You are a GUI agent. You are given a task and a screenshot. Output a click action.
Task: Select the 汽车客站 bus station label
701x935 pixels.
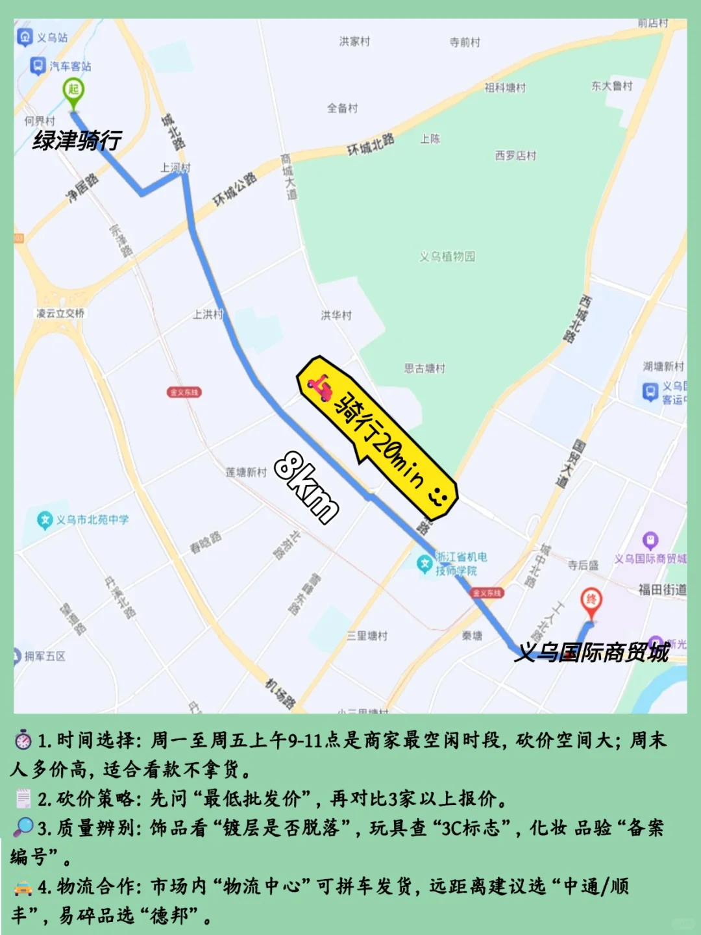click(x=62, y=66)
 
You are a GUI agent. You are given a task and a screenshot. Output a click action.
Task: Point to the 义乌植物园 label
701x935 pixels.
click(x=447, y=256)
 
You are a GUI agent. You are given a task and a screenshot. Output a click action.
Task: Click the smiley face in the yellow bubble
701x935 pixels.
click(x=438, y=496)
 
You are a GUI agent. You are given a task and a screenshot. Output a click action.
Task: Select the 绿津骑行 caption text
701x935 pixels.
click(x=77, y=140)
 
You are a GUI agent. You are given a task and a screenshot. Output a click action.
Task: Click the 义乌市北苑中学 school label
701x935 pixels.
click(x=84, y=520)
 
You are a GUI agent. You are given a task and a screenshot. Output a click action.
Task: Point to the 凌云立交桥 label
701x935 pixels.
click(x=60, y=313)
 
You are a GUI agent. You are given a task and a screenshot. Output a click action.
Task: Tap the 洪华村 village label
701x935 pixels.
click(x=336, y=315)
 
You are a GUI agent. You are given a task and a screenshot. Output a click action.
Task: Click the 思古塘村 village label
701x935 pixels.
click(x=424, y=368)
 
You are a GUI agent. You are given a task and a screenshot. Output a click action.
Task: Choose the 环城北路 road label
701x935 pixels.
click(x=371, y=144)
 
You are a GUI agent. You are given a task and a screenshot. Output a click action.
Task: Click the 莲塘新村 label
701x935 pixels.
click(x=246, y=472)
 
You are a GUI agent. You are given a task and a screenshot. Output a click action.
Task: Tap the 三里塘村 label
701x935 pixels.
click(x=367, y=636)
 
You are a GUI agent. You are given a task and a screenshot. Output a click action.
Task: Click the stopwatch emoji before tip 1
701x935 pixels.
click(x=23, y=740)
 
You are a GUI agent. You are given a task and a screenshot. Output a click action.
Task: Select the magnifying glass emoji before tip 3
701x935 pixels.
click(x=23, y=827)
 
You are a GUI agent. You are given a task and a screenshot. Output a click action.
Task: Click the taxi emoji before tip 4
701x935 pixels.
click(x=23, y=887)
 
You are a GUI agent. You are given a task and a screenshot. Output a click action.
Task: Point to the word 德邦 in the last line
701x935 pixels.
click(x=171, y=916)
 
